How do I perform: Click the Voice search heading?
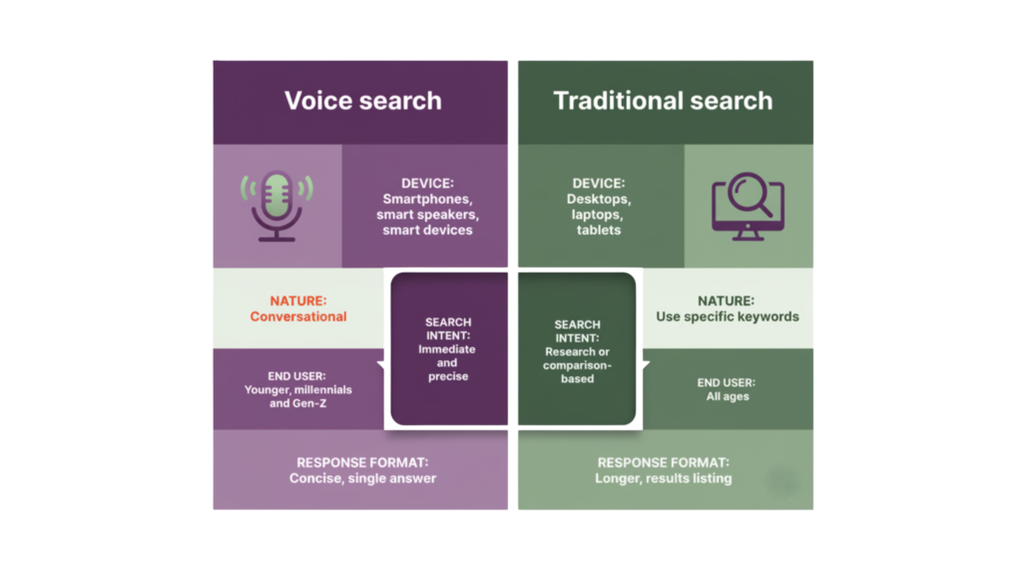[362, 101]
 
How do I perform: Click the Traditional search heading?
[663, 101]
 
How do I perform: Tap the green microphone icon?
[276, 206]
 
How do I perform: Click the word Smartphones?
[426, 200]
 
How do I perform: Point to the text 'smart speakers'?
[426, 215]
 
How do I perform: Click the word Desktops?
[598, 200]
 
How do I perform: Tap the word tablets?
[598, 231]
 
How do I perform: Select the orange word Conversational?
[298, 316]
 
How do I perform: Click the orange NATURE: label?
[298, 300]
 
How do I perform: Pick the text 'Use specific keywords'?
[727, 316]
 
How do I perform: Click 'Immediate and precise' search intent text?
[448, 363]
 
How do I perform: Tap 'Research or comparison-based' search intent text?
[577, 365]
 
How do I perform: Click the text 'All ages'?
[727, 397]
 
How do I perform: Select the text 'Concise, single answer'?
[362, 478]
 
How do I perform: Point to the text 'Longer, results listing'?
[663, 478]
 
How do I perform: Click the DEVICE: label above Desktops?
[598, 184]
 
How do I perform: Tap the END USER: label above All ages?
[727, 382]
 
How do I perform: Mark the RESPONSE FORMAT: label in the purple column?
[362, 462]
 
